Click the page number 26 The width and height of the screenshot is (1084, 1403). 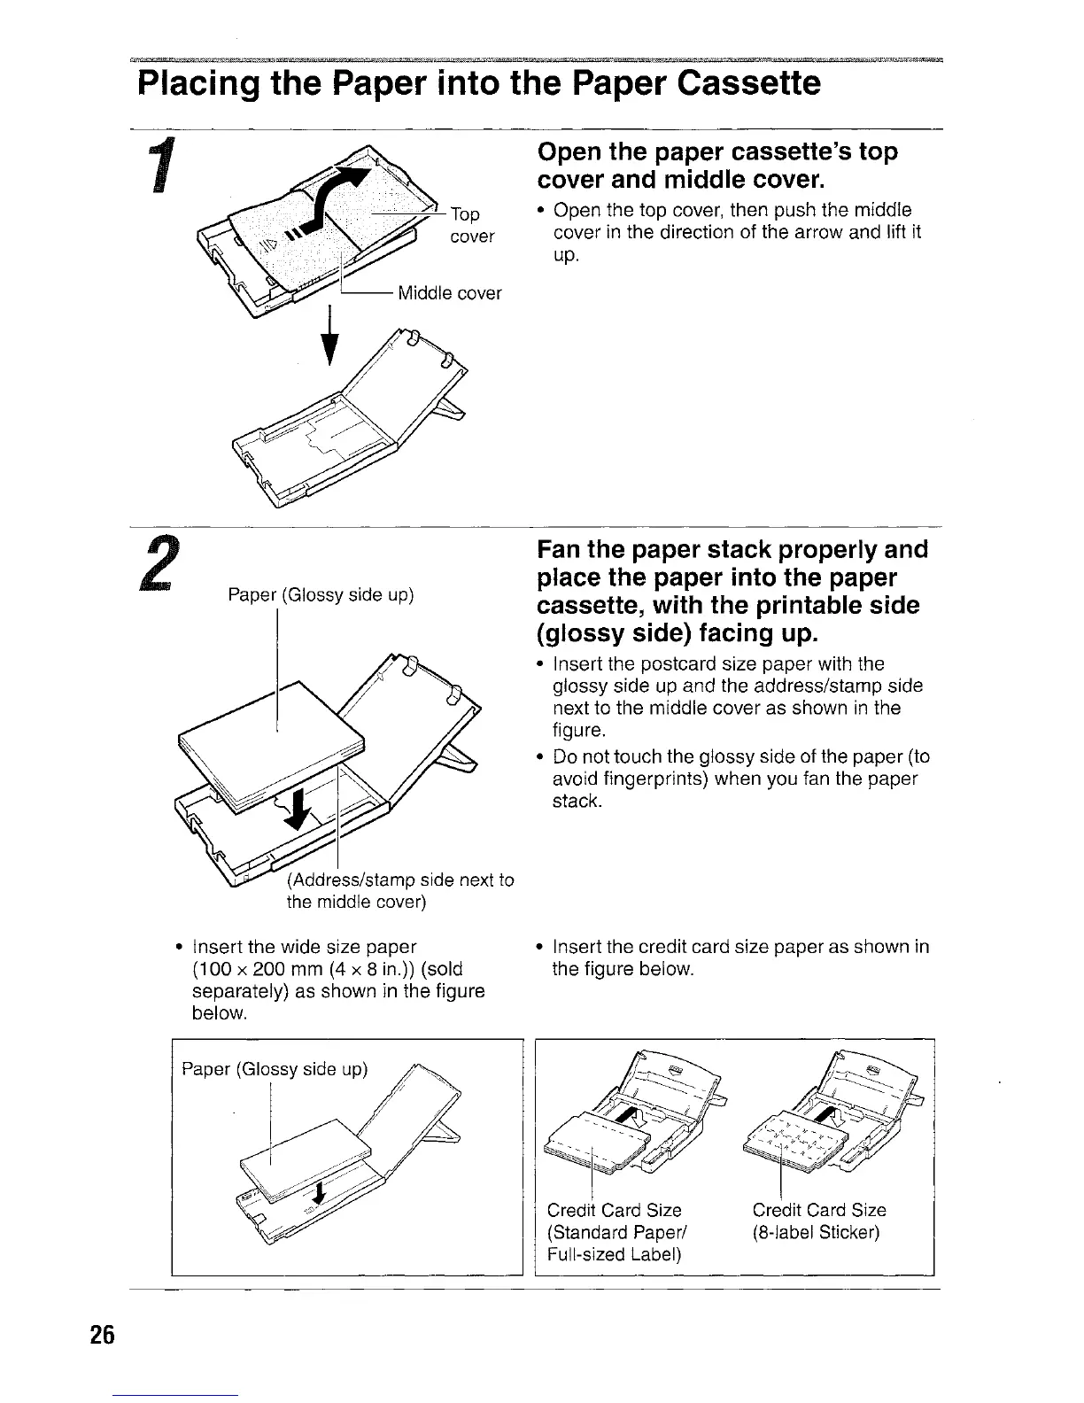102,1336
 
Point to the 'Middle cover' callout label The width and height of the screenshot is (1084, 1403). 449,293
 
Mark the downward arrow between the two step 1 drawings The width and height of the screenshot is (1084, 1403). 330,337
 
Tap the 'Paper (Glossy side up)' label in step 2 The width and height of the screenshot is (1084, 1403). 321,594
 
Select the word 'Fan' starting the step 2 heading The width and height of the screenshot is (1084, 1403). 561,551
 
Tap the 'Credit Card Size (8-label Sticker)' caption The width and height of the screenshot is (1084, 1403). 818,1221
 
